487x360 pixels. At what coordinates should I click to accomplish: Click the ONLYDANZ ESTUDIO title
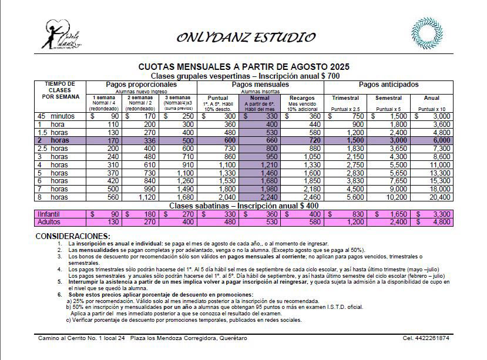point(246,38)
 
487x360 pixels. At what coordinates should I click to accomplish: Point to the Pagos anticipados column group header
point(388,85)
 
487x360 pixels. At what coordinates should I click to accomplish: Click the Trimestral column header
point(345,97)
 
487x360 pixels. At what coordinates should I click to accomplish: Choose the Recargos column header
point(303,97)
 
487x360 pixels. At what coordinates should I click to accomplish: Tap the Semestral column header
point(388,97)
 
